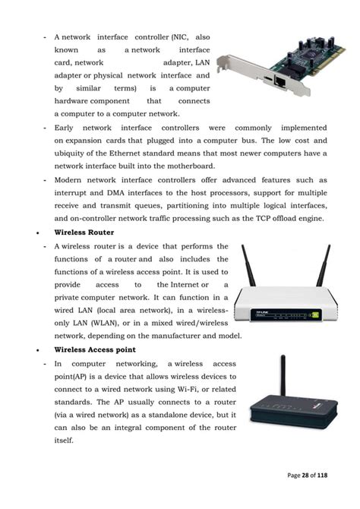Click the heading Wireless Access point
click(94, 349)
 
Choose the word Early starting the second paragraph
click(64, 128)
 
